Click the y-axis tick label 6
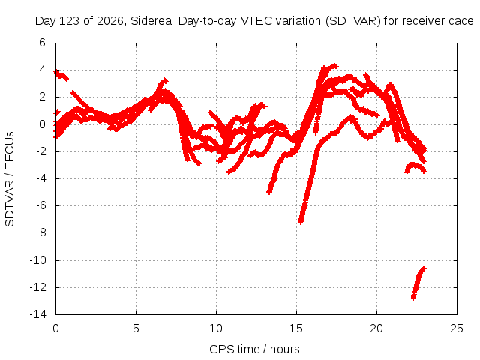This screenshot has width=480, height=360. tap(42, 43)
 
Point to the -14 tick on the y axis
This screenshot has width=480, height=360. tap(38, 314)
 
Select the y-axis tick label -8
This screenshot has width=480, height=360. tap(41, 232)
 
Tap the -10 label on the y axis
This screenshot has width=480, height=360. tap(38, 260)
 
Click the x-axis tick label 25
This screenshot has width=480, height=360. tap(457, 328)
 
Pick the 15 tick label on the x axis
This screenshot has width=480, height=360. tap(296, 328)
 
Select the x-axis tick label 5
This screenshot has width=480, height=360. tap(136, 328)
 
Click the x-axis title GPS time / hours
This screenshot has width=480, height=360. tap(254, 349)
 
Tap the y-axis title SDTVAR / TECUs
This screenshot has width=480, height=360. tap(10, 179)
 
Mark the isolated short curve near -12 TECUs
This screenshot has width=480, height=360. tap(418, 283)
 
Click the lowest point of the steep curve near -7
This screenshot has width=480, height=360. tap(301, 223)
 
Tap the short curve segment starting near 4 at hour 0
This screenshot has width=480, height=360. tap(61, 75)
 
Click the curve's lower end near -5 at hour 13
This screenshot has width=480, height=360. tap(269, 193)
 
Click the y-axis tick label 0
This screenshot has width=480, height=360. tap(42, 124)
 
